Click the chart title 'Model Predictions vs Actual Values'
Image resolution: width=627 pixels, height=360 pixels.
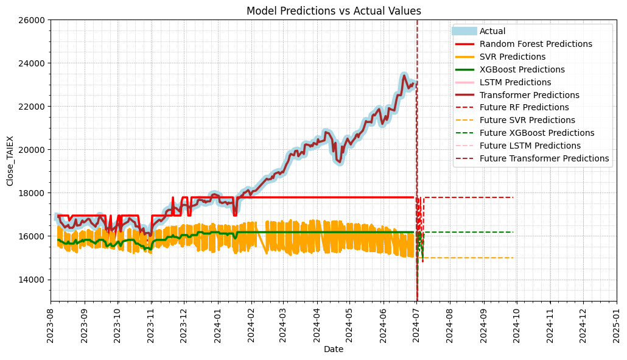pyautogui.click(x=334, y=11)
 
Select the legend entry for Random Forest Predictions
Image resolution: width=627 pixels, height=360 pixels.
pyautogui.click(x=536, y=44)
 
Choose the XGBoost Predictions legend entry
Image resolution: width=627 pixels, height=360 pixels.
pyautogui.click(x=522, y=69)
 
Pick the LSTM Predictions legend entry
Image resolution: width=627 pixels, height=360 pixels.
pyautogui.click(x=515, y=82)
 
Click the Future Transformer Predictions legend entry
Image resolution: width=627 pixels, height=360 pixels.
pyautogui.click(x=544, y=158)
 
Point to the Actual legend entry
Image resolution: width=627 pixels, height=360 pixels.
pyautogui.click(x=492, y=31)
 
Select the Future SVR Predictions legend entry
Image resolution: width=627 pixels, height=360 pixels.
pyautogui.click(x=527, y=120)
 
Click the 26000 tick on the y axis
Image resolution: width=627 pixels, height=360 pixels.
pyautogui.click(x=33, y=20)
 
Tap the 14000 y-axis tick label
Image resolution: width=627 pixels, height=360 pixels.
pyautogui.click(x=33, y=280)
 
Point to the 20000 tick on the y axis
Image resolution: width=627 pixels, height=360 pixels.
pyautogui.click(x=33, y=150)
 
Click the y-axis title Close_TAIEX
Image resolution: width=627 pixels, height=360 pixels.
pyautogui.click(x=10, y=160)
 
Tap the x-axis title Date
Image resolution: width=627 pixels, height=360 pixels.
pyautogui.click(x=334, y=350)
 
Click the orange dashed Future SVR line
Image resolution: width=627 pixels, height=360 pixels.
pyautogui.click(x=475, y=258)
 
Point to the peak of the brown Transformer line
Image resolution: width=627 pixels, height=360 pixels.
pyautogui.click(x=404, y=76)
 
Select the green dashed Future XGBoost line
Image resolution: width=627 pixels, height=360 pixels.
pyautogui.click(x=475, y=232)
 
